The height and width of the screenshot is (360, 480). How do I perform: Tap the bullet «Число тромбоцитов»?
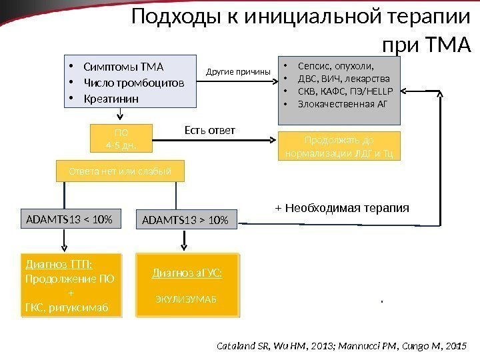pyautogui.click(x=134, y=83)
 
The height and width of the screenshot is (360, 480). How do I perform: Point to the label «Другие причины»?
pyautogui.click(x=238, y=71)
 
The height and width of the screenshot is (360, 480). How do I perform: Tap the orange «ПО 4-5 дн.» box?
pyautogui.click(x=121, y=138)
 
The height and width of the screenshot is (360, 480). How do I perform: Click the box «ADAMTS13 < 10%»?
pyautogui.click(x=69, y=218)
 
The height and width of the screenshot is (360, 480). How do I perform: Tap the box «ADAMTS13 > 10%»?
pyautogui.click(x=187, y=219)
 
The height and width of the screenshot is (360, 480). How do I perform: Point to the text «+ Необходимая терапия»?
pyautogui.click(x=342, y=208)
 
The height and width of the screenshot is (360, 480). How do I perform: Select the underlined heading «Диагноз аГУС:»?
pyautogui.click(x=187, y=273)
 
